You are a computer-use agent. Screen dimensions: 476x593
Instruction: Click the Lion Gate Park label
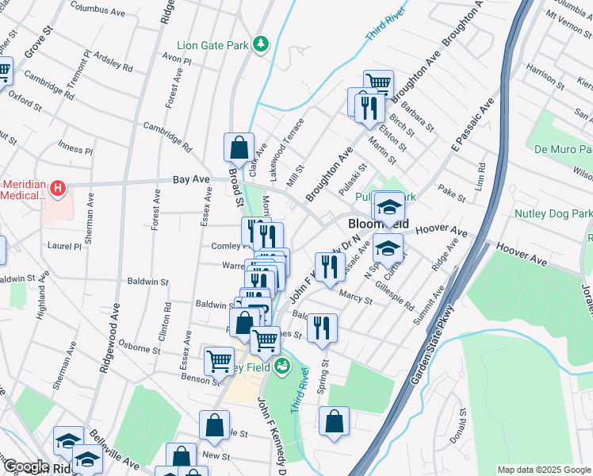[x=212, y=45]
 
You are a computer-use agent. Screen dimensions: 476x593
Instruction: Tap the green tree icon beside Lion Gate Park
[x=261, y=44]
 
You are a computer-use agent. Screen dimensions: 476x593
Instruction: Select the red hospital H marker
[x=57, y=189]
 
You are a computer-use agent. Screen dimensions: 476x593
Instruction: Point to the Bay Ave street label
[x=190, y=181]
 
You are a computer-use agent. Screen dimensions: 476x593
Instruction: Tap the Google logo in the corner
[x=26, y=466]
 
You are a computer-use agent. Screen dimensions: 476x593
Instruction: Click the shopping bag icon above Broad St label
[x=239, y=148]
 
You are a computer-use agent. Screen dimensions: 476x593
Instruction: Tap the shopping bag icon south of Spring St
[x=335, y=422]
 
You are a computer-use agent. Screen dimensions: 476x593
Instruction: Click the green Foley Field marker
[x=282, y=367]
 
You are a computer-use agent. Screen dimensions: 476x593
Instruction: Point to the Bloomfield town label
[x=377, y=225]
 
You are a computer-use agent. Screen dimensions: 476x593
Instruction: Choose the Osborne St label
[x=139, y=347]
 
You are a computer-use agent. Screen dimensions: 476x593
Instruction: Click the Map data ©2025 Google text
[x=543, y=470]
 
